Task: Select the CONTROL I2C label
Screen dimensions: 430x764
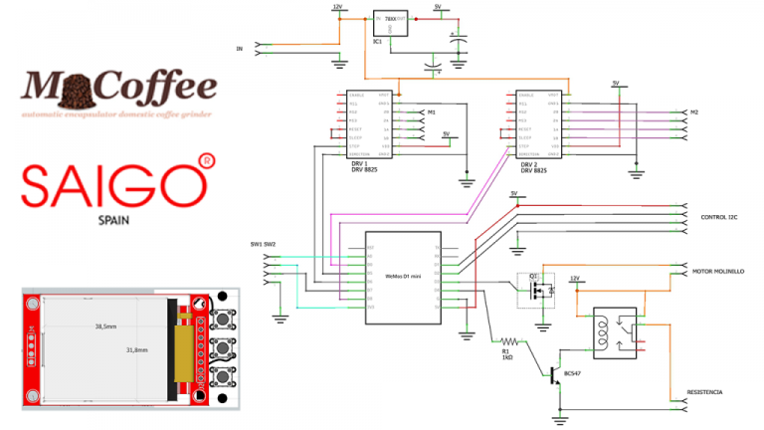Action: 718,216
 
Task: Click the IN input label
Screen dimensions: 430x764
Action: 239,48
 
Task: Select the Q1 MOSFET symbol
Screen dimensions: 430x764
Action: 541,290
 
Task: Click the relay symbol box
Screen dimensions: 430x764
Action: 615,330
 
